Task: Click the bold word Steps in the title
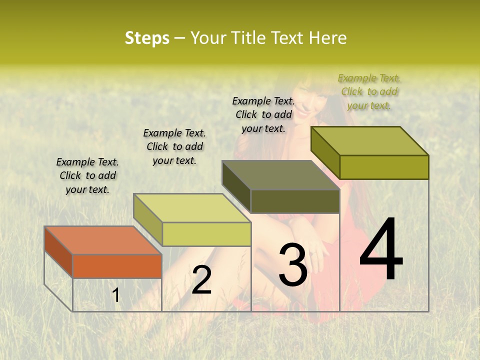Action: pos(147,38)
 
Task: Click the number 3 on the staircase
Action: pos(292,265)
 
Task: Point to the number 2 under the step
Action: pos(201,280)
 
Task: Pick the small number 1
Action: pos(116,295)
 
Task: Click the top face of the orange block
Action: pos(102,240)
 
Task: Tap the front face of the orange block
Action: pos(117,266)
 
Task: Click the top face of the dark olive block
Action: pos(280,175)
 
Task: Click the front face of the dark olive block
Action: pos(295,201)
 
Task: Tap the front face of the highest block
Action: pos(384,167)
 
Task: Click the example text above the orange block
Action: pos(87,175)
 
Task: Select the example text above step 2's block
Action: pos(174,146)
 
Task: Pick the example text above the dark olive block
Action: pos(263,114)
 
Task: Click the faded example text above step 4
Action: pos(369,91)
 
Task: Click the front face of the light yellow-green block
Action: pos(206,234)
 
